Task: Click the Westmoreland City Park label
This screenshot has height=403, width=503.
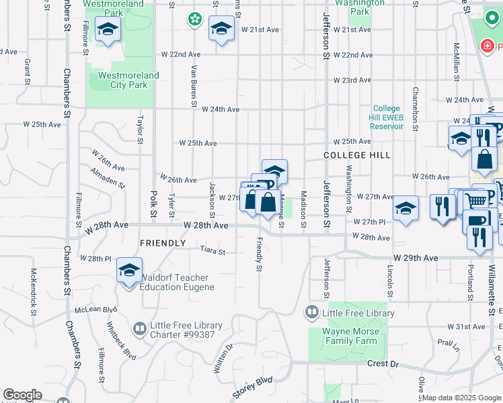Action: click(x=128, y=81)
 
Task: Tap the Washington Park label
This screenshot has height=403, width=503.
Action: click(x=360, y=7)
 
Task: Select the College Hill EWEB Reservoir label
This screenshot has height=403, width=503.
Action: click(x=386, y=118)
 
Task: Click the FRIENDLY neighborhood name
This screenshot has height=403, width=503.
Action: click(x=162, y=243)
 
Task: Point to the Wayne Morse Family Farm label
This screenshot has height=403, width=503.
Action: click(x=348, y=336)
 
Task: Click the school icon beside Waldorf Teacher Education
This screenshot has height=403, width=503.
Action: click(x=129, y=271)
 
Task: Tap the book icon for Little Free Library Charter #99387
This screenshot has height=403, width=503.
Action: click(x=139, y=329)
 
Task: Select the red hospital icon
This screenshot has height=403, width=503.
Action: click(x=486, y=46)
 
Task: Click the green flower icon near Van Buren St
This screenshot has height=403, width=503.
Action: click(x=194, y=19)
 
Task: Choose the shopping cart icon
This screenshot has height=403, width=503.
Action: click(x=475, y=199)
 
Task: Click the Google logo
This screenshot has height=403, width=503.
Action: click(x=22, y=395)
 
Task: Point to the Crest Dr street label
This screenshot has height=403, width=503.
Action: click(x=383, y=363)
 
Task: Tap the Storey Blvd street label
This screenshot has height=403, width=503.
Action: click(x=252, y=388)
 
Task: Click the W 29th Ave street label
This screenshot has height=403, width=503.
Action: click(x=416, y=258)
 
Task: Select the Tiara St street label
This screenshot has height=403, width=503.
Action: click(x=212, y=251)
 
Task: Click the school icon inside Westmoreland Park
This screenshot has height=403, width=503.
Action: click(x=108, y=30)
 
